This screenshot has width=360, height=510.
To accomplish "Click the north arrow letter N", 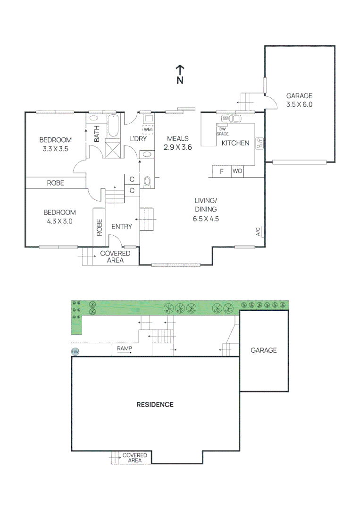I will coord(180,80).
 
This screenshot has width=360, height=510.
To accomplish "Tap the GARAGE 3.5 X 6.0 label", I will coord(299,100).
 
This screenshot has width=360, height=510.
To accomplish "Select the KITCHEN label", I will coord(235,143).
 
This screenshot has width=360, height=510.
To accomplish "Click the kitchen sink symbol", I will coord(234,118).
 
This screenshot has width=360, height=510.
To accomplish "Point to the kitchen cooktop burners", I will coord(260,144).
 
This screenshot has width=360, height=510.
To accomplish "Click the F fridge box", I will coord(221,171).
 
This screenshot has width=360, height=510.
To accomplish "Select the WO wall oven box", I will coord(237,171).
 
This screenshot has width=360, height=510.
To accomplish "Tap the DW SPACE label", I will coord(222,131).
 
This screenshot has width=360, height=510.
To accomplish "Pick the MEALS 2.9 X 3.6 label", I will coord(177,143).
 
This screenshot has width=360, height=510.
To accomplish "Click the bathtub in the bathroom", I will coord(113,126).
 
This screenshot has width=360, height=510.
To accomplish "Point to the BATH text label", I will coord(97,134).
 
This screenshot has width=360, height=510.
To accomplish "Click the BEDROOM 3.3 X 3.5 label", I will coord(55,144).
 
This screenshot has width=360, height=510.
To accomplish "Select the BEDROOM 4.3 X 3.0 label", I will coord(60,216).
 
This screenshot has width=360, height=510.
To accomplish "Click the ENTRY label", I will coord(121,227).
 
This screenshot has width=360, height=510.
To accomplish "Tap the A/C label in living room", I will coord(258,231).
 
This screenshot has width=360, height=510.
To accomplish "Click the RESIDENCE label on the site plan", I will coord(155,405).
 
